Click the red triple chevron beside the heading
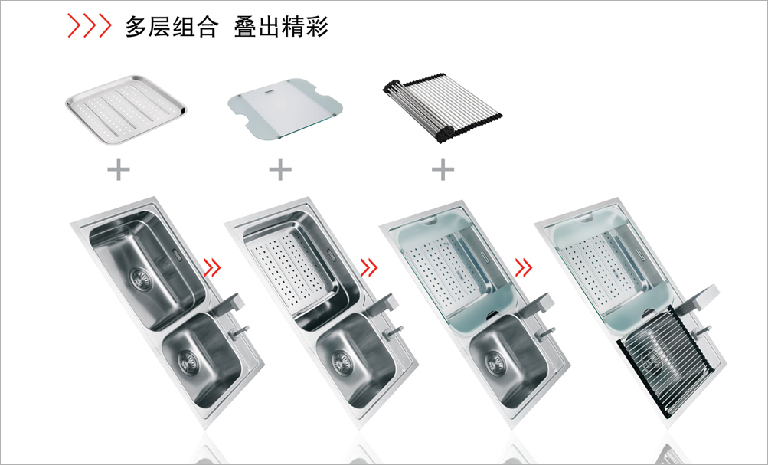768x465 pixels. click(x=90, y=27)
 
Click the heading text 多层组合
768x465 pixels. click(x=172, y=27)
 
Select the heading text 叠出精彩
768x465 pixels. click(x=281, y=27)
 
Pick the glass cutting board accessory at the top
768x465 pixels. click(x=285, y=113)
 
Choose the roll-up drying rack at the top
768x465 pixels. click(x=442, y=109)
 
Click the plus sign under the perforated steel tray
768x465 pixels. click(x=119, y=169)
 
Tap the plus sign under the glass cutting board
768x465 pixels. click(x=281, y=169)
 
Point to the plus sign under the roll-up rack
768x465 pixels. click(x=443, y=169)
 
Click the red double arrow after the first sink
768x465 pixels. click(x=212, y=267)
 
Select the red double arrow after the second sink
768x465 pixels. click(x=368, y=267)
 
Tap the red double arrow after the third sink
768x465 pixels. click(x=524, y=267)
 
